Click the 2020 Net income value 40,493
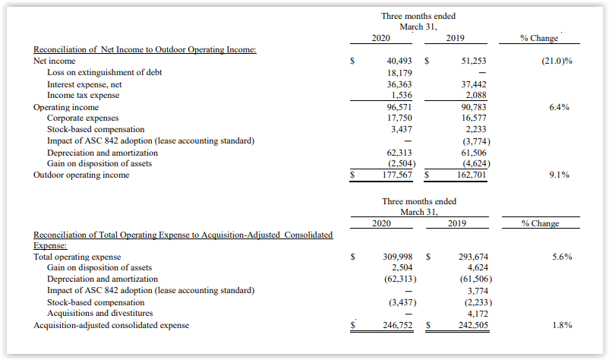tap(399, 61)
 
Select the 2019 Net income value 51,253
tap(473, 61)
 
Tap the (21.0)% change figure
tap(557, 61)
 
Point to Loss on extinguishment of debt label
tap(105, 73)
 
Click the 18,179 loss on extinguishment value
tap(399, 73)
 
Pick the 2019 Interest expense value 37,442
tap(473, 84)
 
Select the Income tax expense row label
tap(83, 95)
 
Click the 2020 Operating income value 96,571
tap(399, 107)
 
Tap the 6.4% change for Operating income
tap(559, 107)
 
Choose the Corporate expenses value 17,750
tap(399, 118)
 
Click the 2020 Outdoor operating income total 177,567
tap(397, 175)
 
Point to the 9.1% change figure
tap(559, 175)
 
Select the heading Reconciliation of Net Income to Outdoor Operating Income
tap(145, 49)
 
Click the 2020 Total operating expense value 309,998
tap(398, 257)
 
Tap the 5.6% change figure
tap(562, 257)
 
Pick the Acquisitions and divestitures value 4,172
tap(478, 314)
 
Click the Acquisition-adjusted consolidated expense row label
tap(111, 325)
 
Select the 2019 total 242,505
tap(473, 325)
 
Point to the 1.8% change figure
tap(562, 325)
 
